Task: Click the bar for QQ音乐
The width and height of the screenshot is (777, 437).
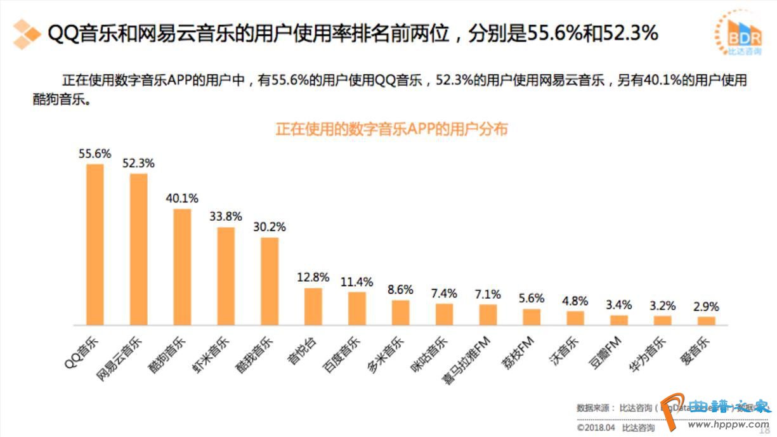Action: [95, 244]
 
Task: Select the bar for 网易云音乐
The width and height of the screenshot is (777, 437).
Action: [139, 249]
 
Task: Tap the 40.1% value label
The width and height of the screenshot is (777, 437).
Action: [182, 198]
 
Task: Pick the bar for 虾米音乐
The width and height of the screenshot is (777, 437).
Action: [226, 276]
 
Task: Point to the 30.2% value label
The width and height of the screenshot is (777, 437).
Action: [270, 226]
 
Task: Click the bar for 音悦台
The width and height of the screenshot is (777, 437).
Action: [313, 306]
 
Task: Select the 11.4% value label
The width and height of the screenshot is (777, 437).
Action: [356, 282]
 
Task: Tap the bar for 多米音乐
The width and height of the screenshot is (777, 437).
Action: [400, 312]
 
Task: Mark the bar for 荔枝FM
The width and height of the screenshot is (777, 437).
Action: [532, 316]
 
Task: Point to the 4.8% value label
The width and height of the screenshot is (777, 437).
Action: [575, 301]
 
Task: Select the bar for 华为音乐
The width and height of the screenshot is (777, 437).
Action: [662, 320]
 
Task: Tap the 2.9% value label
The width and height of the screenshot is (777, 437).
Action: [706, 306]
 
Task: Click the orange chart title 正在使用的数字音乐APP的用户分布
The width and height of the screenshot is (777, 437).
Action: [391, 129]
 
